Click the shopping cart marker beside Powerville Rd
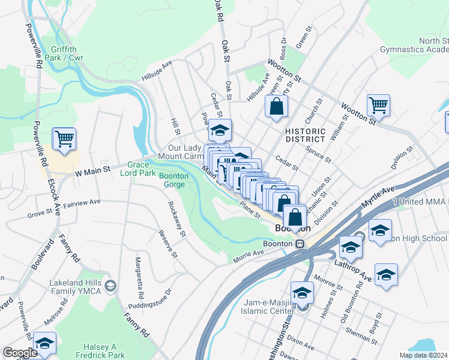tap(64, 139)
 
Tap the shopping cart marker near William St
tap(378, 105)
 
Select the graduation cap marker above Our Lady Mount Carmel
tap(220, 130)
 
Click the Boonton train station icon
tap(298, 244)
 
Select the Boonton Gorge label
tap(173, 180)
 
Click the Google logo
tap(20, 353)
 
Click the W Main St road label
tap(94, 172)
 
